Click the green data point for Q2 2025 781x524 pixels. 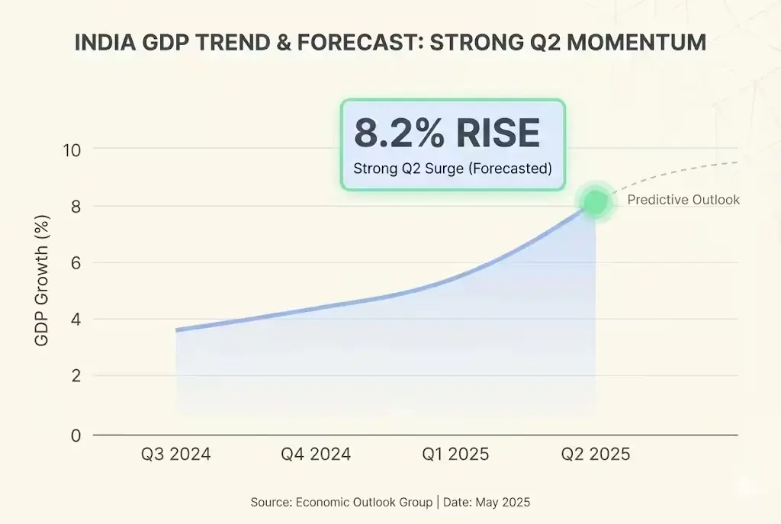pos(595,202)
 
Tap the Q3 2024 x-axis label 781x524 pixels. pos(175,455)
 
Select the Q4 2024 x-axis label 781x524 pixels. pos(316,455)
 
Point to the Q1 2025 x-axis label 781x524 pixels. pos(456,455)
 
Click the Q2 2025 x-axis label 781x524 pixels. pos(596,455)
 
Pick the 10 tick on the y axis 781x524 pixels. pos(72,149)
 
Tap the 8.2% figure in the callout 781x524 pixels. pos(399,133)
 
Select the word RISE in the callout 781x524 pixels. pos(498,133)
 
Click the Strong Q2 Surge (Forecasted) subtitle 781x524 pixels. pos(452,169)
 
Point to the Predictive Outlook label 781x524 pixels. pos(683,200)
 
